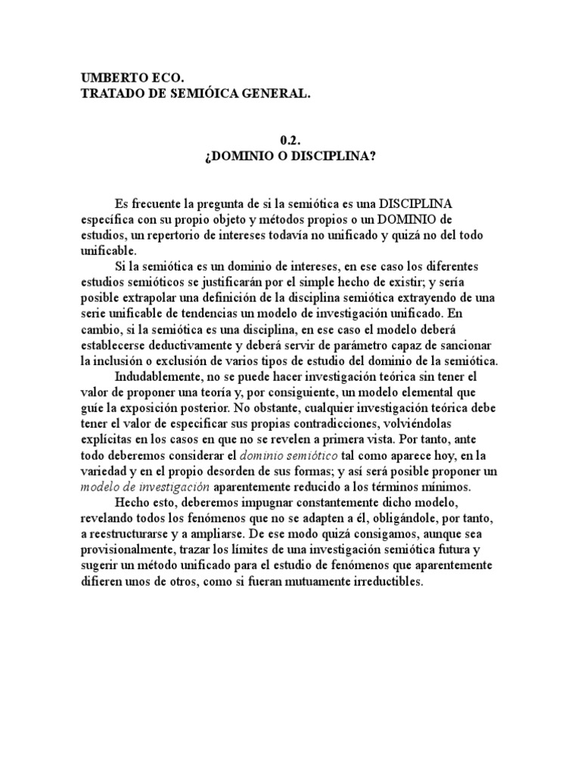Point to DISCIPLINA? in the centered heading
pos(339,156)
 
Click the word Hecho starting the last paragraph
pos(132,501)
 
